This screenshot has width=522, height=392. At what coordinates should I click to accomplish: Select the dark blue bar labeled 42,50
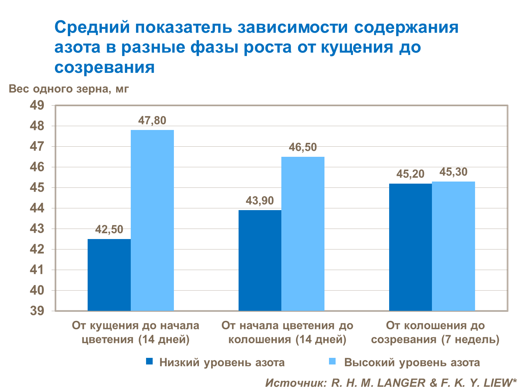[x=109, y=275]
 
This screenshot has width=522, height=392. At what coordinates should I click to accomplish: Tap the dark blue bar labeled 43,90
[x=260, y=260]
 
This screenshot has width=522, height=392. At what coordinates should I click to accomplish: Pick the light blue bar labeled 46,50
[x=303, y=234]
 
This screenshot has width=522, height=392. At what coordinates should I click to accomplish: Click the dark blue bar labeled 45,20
[x=410, y=247]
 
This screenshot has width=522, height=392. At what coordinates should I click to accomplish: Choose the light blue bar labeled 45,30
[x=453, y=246]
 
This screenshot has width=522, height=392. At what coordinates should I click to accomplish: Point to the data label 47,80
[x=152, y=121]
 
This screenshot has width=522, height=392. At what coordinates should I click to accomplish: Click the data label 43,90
[x=260, y=201]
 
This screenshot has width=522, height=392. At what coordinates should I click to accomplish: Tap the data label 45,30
[x=453, y=172]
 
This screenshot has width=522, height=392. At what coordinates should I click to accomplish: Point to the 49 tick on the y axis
[x=37, y=105]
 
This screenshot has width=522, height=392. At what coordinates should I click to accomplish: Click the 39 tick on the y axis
[x=37, y=311]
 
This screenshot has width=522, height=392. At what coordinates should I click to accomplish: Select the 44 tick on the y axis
[x=37, y=208]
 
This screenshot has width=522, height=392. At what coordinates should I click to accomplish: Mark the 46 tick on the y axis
[x=37, y=167]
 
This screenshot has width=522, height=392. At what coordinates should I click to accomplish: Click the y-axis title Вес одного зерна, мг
[x=69, y=89]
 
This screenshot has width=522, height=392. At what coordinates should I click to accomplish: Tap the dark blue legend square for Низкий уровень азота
[x=150, y=362]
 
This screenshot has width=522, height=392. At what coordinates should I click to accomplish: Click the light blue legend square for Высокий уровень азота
[x=332, y=362]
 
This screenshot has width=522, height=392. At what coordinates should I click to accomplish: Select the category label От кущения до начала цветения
[x=136, y=332]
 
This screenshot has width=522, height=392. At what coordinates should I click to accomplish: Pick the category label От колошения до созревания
[x=435, y=332]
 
